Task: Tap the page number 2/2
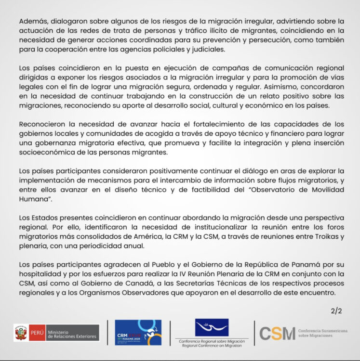[336, 311]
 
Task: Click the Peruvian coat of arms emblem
[21, 333]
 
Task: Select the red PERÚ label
[37, 333]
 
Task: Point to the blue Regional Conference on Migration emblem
[212, 328]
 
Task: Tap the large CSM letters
[277, 333]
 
